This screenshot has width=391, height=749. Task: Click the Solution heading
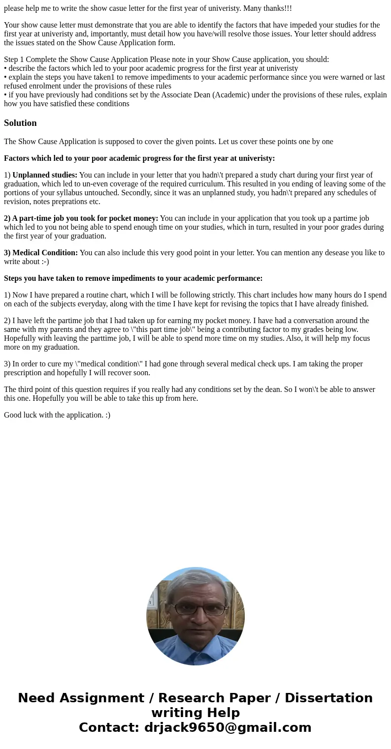tap(20, 123)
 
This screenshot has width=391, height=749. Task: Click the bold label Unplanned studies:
tap(45, 175)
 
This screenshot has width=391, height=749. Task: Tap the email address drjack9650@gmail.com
tap(228, 727)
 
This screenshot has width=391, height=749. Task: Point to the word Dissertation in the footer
tap(328, 698)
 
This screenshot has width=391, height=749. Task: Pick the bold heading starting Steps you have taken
tap(133, 278)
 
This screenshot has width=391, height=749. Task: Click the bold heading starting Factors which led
tap(139, 158)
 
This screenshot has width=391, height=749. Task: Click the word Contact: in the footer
tap(109, 727)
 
